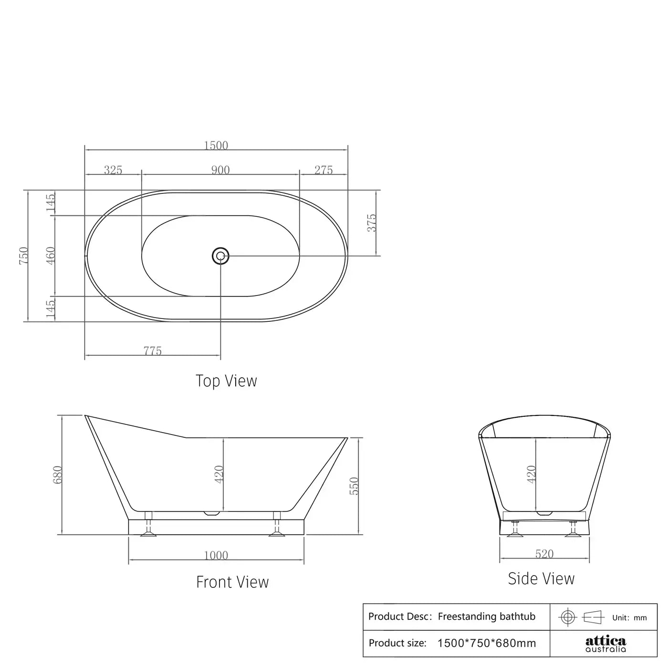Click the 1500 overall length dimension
point(216,145)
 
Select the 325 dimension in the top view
point(113,170)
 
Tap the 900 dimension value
point(220,170)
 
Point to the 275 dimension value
point(324,170)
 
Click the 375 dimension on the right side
point(371,223)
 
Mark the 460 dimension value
point(51,255)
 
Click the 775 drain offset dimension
point(153,351)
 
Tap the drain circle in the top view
point(220,256)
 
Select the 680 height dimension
point(57,475)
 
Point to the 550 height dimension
point(354,486)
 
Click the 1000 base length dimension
point(216,555)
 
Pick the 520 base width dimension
point(544,554)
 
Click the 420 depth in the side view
point(532,474)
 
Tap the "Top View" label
point(226,381)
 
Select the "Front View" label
point(232,582)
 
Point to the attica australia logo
point(605,643)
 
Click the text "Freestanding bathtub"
point(486,616)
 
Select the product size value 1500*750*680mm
point(486,643)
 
